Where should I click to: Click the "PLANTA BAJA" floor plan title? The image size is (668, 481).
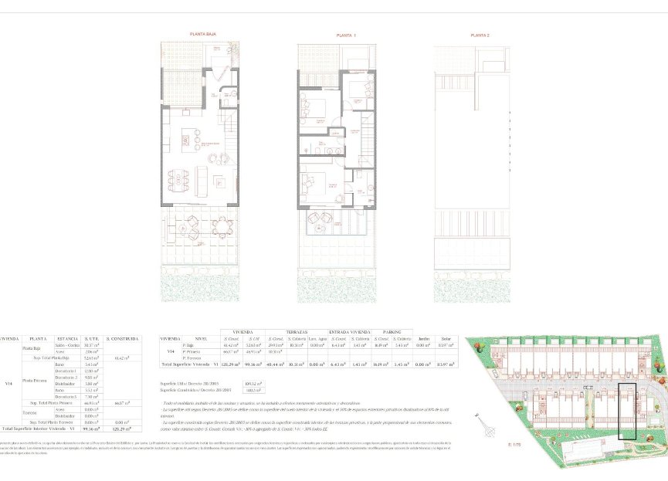point(203,35)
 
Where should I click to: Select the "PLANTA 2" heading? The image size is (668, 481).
point(480,36)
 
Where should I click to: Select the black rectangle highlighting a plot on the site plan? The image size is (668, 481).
point(628,412)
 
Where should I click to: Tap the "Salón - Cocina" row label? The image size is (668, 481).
point(68,345)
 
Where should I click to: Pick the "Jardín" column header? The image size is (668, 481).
point(423,338)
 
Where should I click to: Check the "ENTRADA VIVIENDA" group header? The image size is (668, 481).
point(345,331)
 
